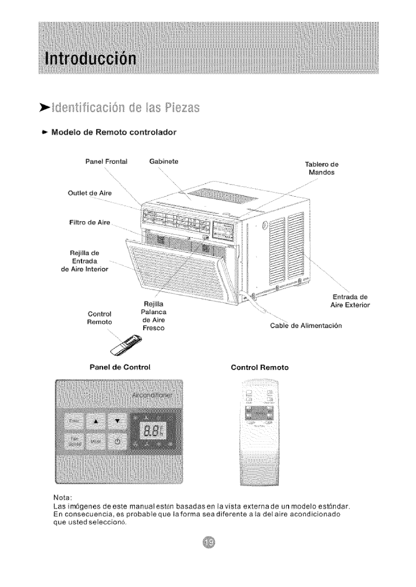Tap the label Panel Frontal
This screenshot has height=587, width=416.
[x=107, y=162]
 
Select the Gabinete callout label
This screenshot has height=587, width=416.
[x=164, y=161]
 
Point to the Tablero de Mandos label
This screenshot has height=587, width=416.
[x=322, y=168]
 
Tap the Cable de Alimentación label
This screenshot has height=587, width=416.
[x=306, y=326]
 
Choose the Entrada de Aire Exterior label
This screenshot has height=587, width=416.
[x=350, y=301]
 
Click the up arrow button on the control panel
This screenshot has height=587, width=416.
[x=95, y=422]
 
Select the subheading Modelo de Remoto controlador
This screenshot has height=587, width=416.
[x=114, y=132]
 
